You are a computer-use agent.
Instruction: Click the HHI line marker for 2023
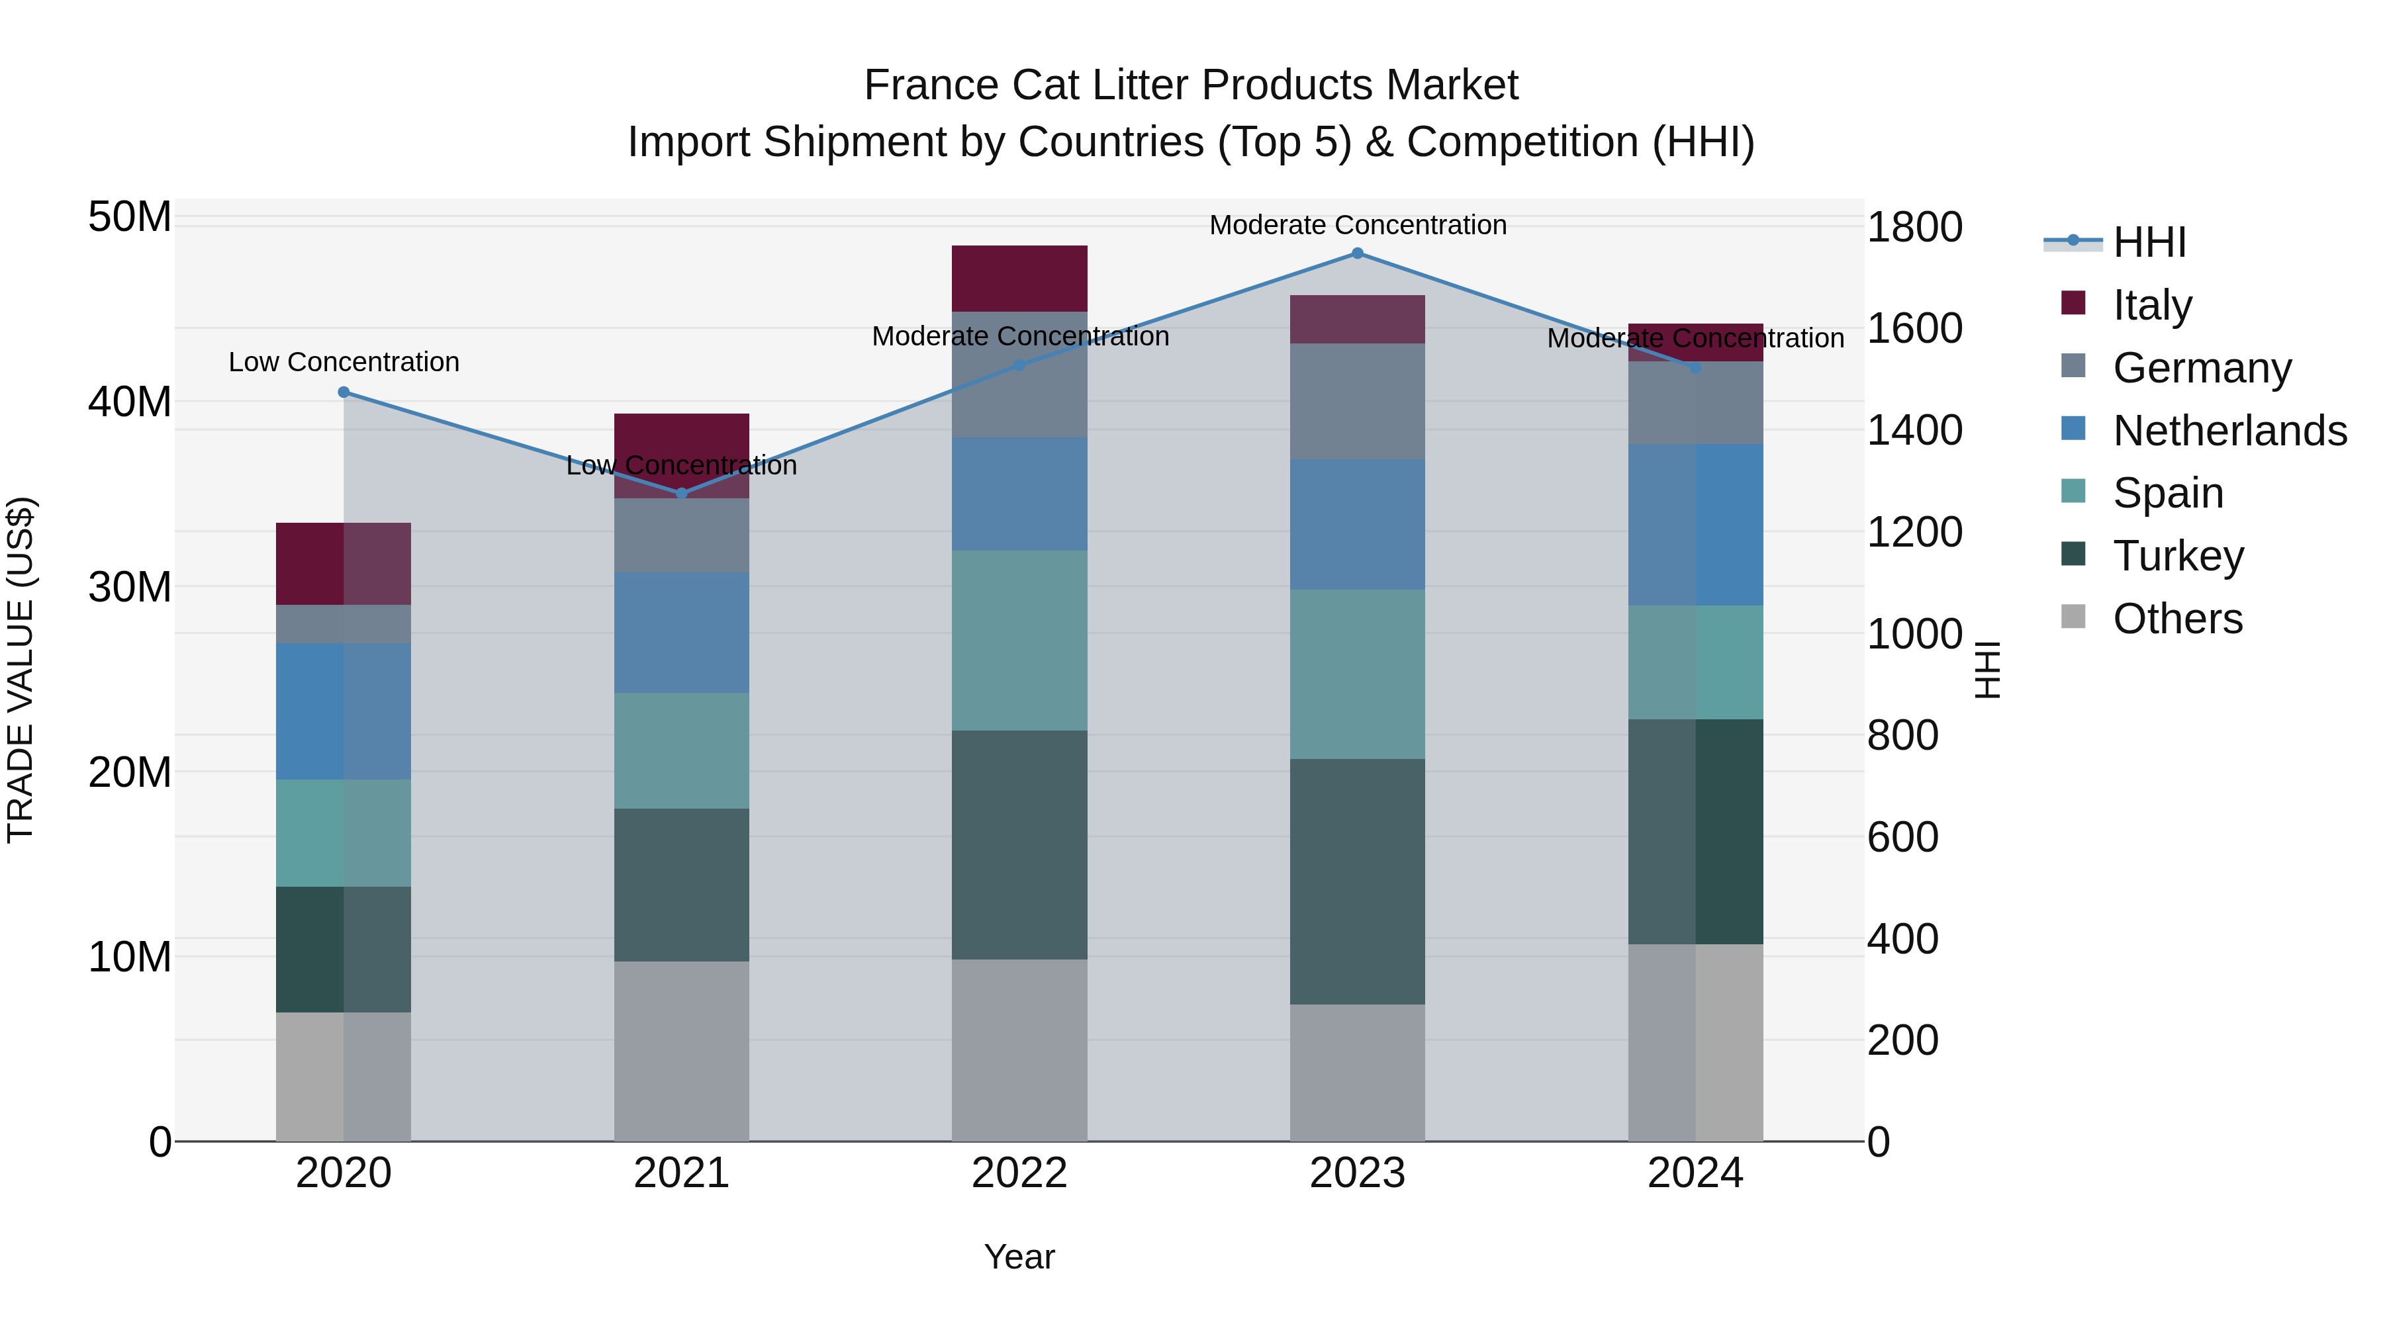tap(1357, 253)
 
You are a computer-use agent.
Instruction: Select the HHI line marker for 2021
tap(682, 494)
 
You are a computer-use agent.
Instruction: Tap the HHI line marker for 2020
tap(344, 392)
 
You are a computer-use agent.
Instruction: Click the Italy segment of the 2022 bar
tap(1019, 279)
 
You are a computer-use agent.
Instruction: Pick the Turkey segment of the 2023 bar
tap(1357, 881)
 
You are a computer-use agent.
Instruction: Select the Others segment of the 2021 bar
tap(682, 1051)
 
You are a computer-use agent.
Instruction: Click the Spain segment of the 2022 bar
tap(1019, 640)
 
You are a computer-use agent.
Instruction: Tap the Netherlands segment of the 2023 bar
tap(1357, 524)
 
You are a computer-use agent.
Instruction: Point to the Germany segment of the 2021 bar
tap(682, 535)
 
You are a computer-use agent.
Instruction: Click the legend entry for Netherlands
tap(2229, 431)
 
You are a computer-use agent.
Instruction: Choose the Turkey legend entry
tap(2178, 556)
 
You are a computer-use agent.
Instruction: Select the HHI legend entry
tap(2149, 242)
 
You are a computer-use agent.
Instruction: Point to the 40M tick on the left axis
tap(130, 402)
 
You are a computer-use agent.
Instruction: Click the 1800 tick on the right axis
tap(1914, 228)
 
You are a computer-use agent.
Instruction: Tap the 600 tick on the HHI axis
tap(1902, 837)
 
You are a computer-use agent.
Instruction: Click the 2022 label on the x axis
tap(1019, 1173)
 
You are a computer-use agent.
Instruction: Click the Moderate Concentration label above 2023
tap(1357, 225)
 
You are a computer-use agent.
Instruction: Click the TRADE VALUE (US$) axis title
tap(21, 670)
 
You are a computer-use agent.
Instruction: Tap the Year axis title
tap(1019, 1257)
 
